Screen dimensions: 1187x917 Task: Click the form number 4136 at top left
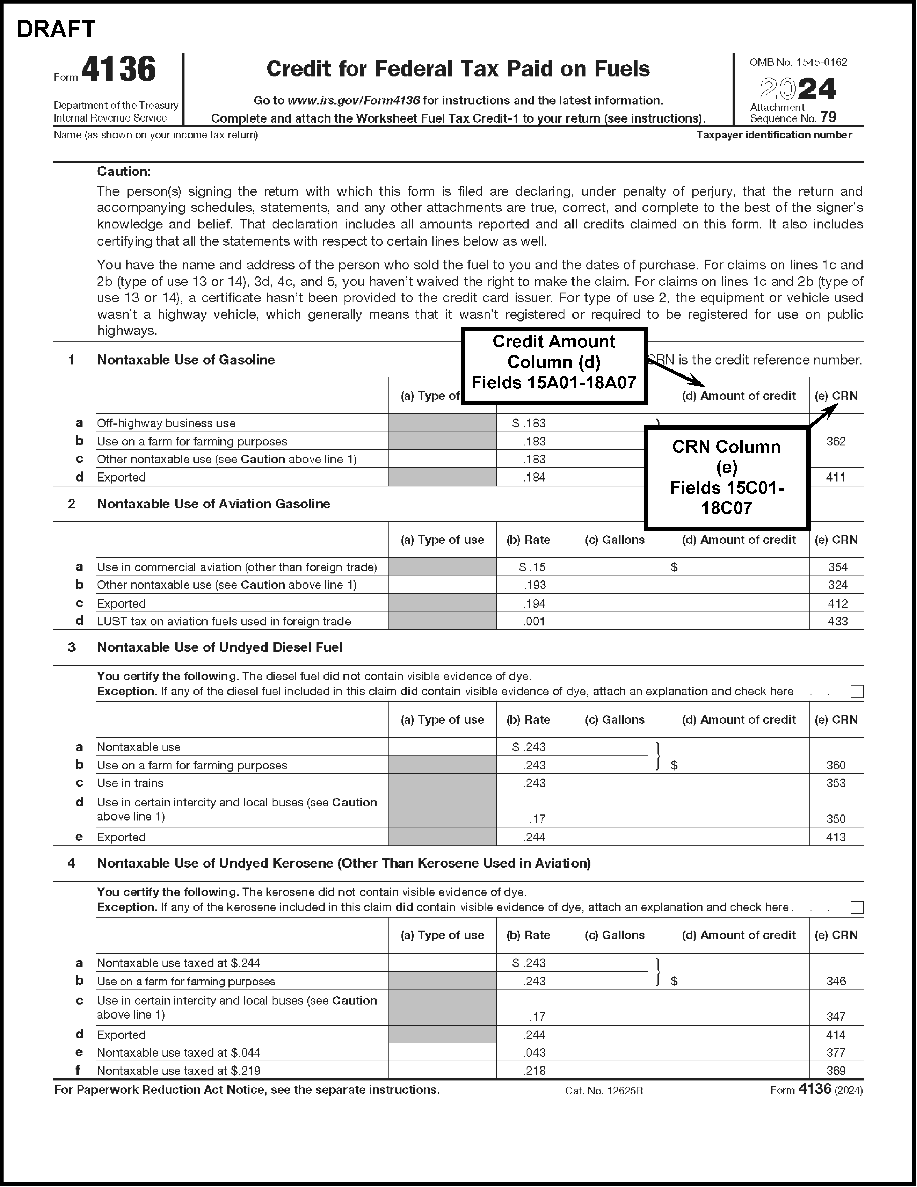point(119,70)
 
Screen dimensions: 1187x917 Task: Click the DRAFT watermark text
point(56,29)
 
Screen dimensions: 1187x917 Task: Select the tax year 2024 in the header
point(797,90)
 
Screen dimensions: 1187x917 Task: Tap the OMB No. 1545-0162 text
point(798,62)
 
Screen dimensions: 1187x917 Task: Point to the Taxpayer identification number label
point(773,135)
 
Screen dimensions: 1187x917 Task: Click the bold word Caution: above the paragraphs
point(124,172)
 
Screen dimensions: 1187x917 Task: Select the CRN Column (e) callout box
point(726,477)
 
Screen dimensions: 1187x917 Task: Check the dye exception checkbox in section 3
point(857,691)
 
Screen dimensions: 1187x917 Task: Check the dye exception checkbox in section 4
point(857,907)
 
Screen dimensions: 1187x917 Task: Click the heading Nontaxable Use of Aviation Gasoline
point(213,504)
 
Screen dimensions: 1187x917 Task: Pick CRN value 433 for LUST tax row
point(837,621)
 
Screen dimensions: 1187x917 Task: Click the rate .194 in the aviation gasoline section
point(534,603)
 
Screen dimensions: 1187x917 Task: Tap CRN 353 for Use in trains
point(836,783)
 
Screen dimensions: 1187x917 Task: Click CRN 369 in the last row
point(836,1071)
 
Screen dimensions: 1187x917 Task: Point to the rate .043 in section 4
point(534,1053)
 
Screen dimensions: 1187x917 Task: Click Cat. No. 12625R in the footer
point(604,1090)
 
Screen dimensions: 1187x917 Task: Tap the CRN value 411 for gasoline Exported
point(836,477)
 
